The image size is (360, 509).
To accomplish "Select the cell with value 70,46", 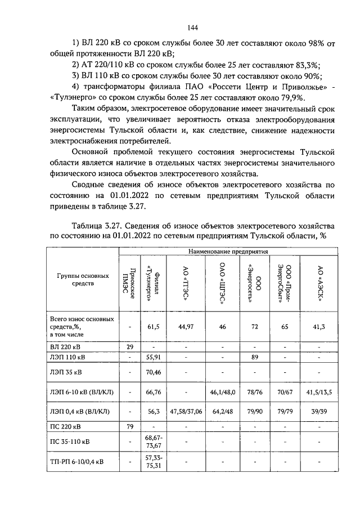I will tap(154, 371).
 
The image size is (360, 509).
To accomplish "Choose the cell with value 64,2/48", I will tap(222, 411).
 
